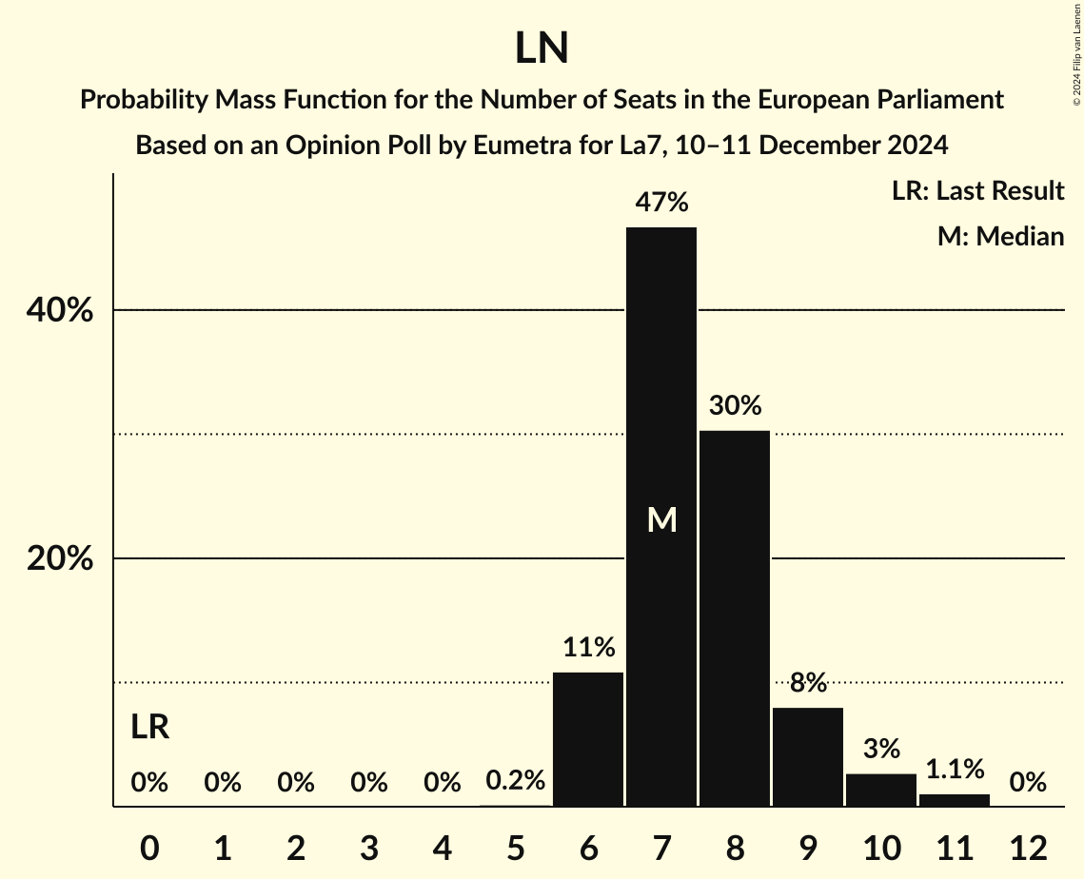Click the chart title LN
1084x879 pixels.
tap(542, 49)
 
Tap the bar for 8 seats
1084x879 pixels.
tap(735, 618)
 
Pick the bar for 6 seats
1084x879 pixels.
tap(588, 739)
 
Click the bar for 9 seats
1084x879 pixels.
tap(808, 757)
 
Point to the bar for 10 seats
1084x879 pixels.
tap(881, 791)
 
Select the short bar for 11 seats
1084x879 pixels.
tap(955, 800)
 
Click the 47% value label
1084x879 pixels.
tap(661, 203)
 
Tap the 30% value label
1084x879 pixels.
tap(735, 406)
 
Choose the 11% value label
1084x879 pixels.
tap(588, 648)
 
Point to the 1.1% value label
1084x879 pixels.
tap(955, 770)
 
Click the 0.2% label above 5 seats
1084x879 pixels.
tap(515, 781)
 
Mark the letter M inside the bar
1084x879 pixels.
tap(661, 520)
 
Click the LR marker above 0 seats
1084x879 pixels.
tap(149, 728)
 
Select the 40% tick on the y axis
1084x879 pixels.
tap(60, 311)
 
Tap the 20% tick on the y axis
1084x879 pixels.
tap(60, 559)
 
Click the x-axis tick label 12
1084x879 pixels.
tap(1028, 848)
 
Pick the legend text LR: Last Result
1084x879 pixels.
tap(977, 191)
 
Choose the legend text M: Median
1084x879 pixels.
tap(1000, 236)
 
